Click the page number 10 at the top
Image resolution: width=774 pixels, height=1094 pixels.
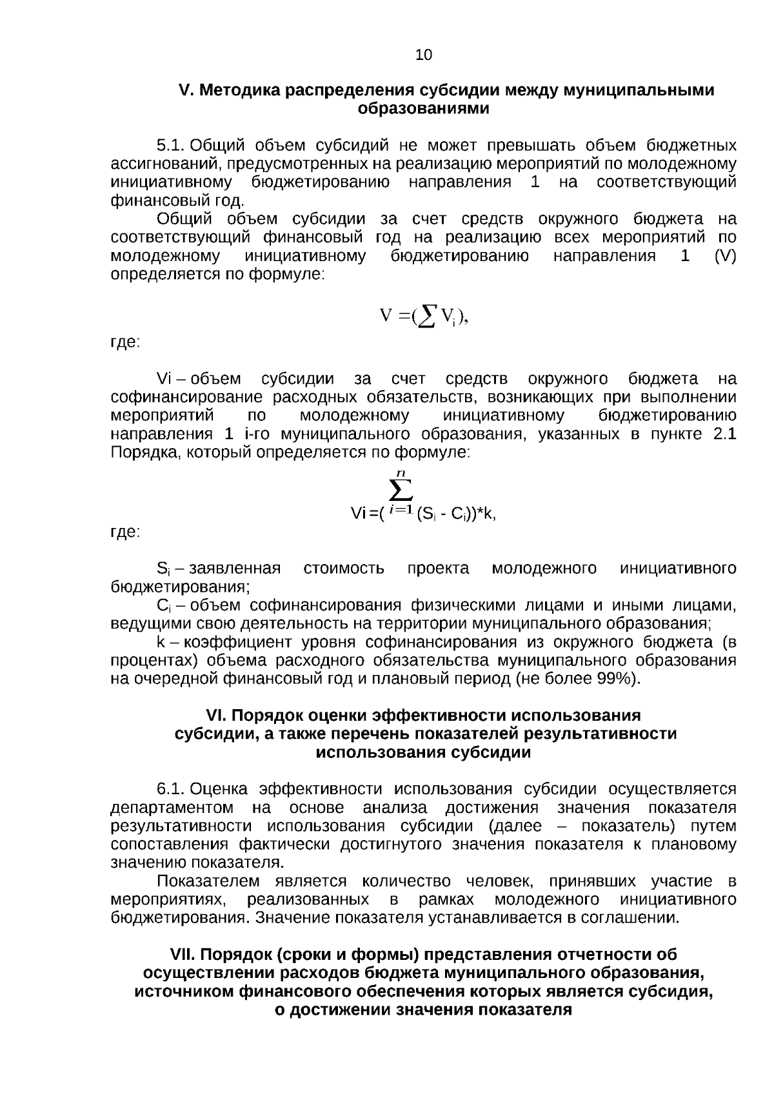pos(424,55)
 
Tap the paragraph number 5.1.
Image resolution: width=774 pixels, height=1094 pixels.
pos(171,145)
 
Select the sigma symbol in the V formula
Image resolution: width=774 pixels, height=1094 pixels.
pos(427,316)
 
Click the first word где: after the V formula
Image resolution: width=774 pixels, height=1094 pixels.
pos(125,343)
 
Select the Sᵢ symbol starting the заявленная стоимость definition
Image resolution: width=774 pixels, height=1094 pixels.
pos(163,569)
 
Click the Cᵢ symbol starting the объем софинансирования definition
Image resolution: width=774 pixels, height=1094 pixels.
pos(163,605)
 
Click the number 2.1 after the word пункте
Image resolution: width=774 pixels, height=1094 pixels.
pos(724,434)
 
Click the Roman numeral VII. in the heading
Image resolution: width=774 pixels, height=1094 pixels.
pos(185,955)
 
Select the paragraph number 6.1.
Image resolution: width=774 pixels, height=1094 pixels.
pos(171,790)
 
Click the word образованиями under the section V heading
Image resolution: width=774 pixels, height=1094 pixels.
pos(423,108)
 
